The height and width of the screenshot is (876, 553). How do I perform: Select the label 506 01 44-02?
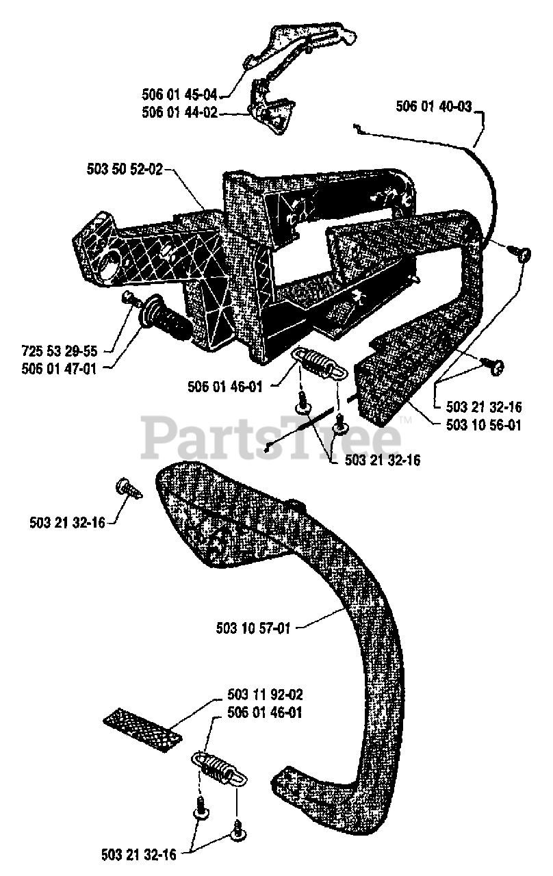pyautogui.click(x=180, y=113)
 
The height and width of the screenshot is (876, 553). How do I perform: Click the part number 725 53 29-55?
pyautogui.click(x=61, y=351)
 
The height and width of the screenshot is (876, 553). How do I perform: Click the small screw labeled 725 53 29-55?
pyautogui.click(x=127, y=298)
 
